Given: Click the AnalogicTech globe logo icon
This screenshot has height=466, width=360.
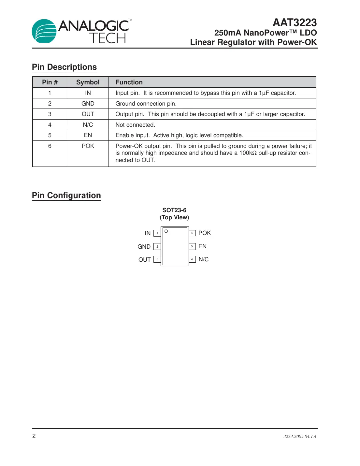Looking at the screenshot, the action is click(44, 31).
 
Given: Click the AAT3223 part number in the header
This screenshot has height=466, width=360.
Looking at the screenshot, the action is click(295, 22).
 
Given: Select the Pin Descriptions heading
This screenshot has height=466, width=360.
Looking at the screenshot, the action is click(64, 67).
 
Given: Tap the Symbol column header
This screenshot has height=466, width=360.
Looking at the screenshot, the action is click(88, 82).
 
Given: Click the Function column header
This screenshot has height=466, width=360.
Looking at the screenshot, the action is click(129, 82).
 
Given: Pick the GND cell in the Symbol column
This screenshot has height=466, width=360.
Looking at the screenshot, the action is click(88, 104).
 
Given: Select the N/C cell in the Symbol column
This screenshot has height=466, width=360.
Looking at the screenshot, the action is click(88, 125).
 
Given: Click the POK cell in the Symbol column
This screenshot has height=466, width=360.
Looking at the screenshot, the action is click(88, 146).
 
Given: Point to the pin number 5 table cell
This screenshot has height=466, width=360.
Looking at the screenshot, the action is click(50, 135).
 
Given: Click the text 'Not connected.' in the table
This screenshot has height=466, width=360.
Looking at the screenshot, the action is click(135, 125).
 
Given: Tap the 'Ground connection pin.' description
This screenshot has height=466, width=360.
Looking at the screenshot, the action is click(146, 104).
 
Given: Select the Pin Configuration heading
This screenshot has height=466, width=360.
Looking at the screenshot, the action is click(66, 196).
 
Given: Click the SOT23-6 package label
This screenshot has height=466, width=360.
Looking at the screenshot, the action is click(174, 210).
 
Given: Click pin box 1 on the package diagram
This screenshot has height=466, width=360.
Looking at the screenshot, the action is click(157, 233).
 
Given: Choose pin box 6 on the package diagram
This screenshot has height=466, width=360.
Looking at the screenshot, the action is click(192, 233).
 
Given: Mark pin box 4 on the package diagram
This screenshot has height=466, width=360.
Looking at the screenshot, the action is click(192, 259).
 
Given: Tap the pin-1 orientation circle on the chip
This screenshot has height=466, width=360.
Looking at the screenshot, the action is click(166, 231).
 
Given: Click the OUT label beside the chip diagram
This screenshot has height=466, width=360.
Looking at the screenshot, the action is click(144, 260).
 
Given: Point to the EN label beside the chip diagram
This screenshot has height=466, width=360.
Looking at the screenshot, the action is click(202, 246).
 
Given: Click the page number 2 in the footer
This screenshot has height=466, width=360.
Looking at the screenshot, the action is click(34, 436).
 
